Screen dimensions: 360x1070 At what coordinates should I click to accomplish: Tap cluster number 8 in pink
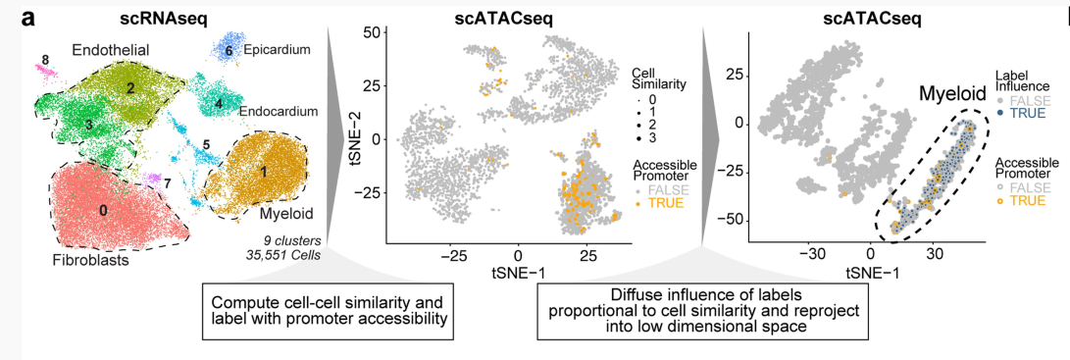point(44,60)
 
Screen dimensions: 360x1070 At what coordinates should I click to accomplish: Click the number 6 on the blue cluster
point(229,50)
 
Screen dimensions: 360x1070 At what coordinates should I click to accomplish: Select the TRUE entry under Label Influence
point(1023,113)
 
